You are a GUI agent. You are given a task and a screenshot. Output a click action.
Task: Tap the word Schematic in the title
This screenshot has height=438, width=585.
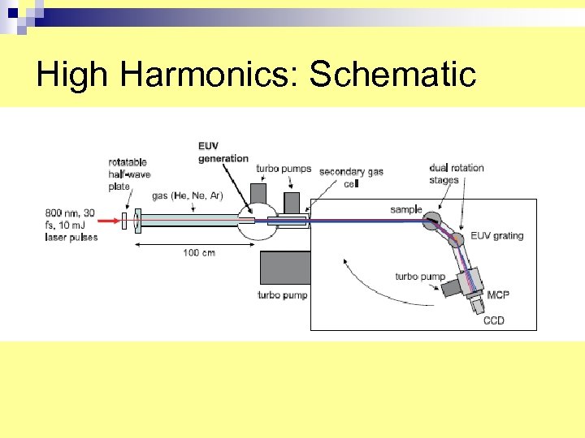pyautogui.click(x=392, y=75)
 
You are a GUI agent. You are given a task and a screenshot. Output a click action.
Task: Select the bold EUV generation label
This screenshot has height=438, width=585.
pyautogui.click(x=223, y=152)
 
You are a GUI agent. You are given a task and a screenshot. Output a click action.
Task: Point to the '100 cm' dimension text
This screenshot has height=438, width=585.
pyautogui.click(x=198, y=253)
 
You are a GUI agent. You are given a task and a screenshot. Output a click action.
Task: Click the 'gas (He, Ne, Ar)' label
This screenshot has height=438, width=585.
pyautogui.click(x=187, y=195)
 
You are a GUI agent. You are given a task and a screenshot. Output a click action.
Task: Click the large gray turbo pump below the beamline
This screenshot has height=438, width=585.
pyautogui.click(x=284, y=268)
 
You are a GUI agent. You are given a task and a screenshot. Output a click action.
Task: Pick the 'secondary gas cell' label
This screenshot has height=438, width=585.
pyautogui.click(x=351, y=177)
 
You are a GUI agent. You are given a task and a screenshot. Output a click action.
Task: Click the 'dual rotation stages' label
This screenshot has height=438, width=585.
pyautogui.click(x=457, y=174)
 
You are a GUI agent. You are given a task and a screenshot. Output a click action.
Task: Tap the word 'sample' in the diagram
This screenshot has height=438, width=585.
pyautogui.click(x=405, y=209)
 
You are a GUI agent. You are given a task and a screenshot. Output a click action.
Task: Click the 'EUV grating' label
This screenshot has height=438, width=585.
pyautogui.click(x=496, y=236)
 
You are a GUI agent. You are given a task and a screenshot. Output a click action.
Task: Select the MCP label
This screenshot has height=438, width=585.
pyautogui.click(x=498, y=295)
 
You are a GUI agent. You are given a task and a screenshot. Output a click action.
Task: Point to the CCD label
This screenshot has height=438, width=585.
pyautogui.click(x=493, y=320)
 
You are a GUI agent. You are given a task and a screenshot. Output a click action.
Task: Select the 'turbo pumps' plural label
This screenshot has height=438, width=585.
pyautogui.click(x=284, y=169)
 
